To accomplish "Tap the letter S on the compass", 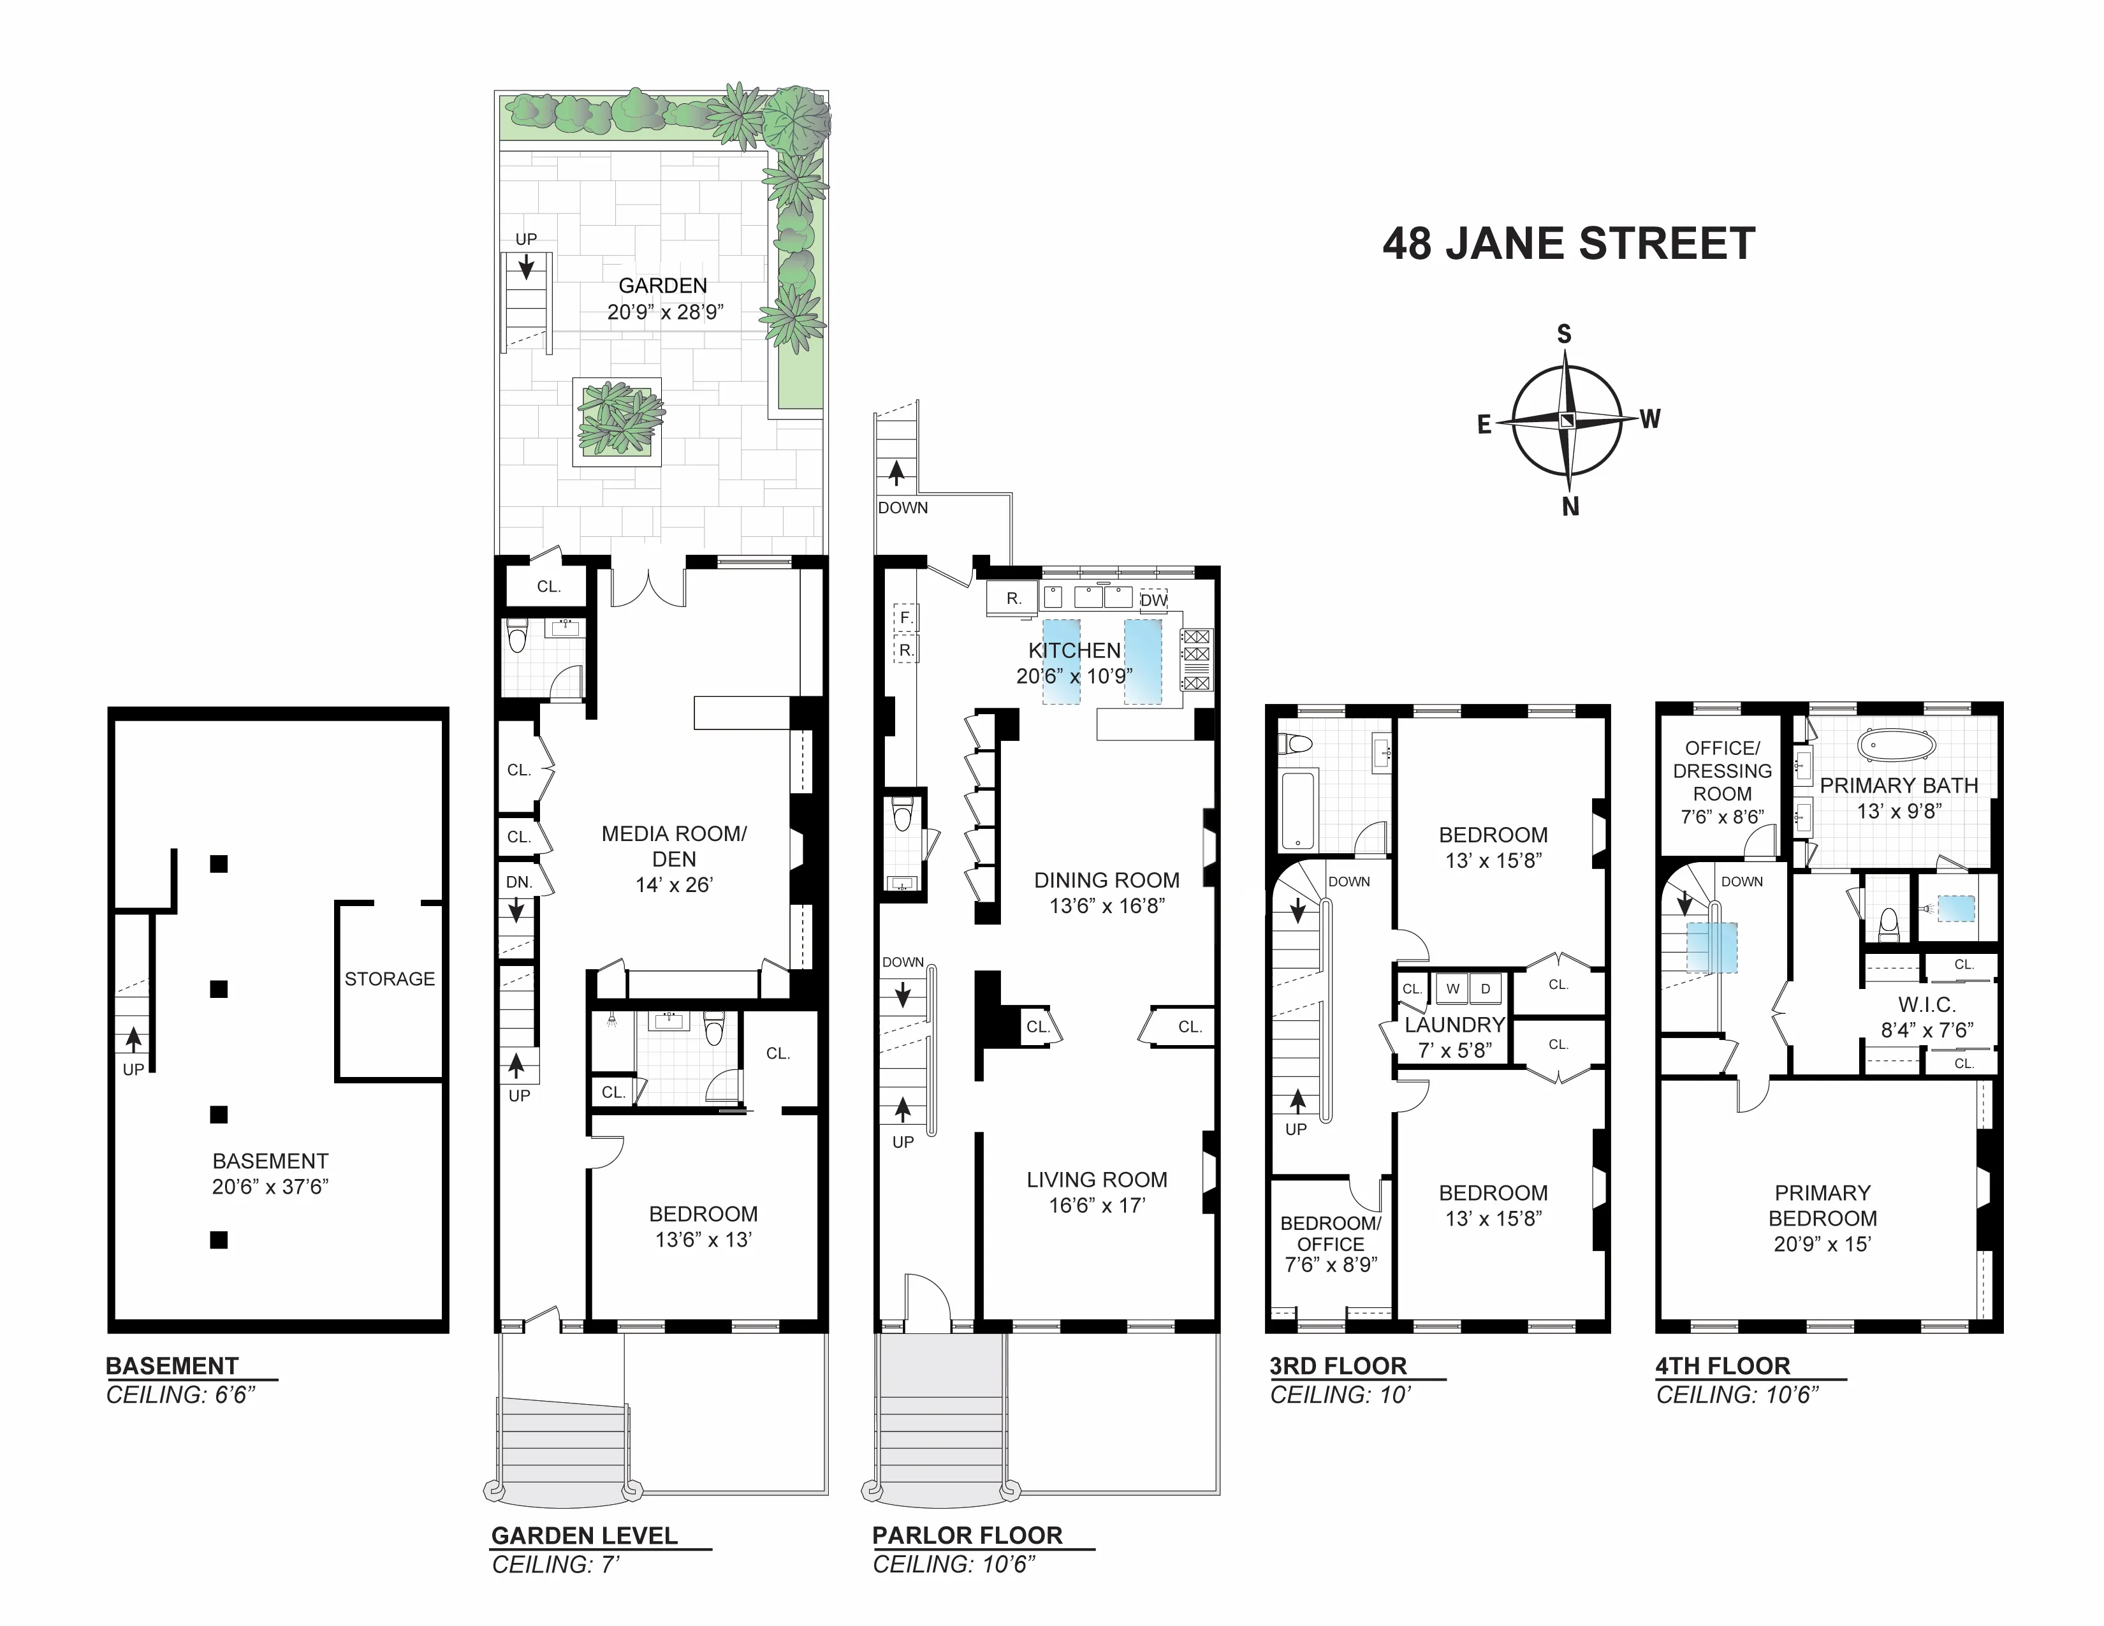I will pos(1563,334).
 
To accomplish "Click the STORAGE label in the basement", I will pos(389,979).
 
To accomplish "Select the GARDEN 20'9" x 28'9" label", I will pos(664,298).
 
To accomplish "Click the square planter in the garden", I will pos(618,422).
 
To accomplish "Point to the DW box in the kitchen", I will pos(1153,599).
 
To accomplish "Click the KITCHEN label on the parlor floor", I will pos(1074,650).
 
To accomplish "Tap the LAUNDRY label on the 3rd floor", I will pos(1454,1025).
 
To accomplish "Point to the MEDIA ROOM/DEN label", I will pos(673,847).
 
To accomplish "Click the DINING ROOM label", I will pos(1106,881).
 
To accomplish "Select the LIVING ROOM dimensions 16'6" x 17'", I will pos(1097,1205).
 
